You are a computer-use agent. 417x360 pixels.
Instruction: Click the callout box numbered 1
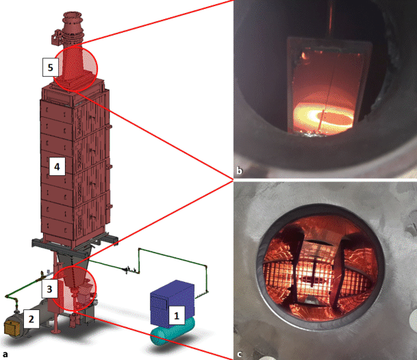177,316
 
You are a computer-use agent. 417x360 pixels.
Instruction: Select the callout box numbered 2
31,318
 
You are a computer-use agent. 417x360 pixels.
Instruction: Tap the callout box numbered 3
49,289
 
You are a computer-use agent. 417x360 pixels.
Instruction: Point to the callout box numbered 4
57,166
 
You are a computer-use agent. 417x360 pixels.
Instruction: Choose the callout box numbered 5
51,67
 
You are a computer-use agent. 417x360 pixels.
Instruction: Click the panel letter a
5,354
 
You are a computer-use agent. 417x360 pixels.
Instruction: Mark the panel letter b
240,170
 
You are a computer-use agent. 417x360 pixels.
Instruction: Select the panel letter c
240,354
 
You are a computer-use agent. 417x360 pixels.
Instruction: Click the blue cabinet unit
172,303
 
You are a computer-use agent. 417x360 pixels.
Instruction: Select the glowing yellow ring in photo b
324,116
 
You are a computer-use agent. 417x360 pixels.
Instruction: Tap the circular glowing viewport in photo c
320,267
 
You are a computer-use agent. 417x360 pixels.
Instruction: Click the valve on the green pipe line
127,270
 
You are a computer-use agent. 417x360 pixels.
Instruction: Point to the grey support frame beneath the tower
75,242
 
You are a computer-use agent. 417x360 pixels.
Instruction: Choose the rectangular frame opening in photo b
288,85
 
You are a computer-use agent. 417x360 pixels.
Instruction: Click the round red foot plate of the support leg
55,331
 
